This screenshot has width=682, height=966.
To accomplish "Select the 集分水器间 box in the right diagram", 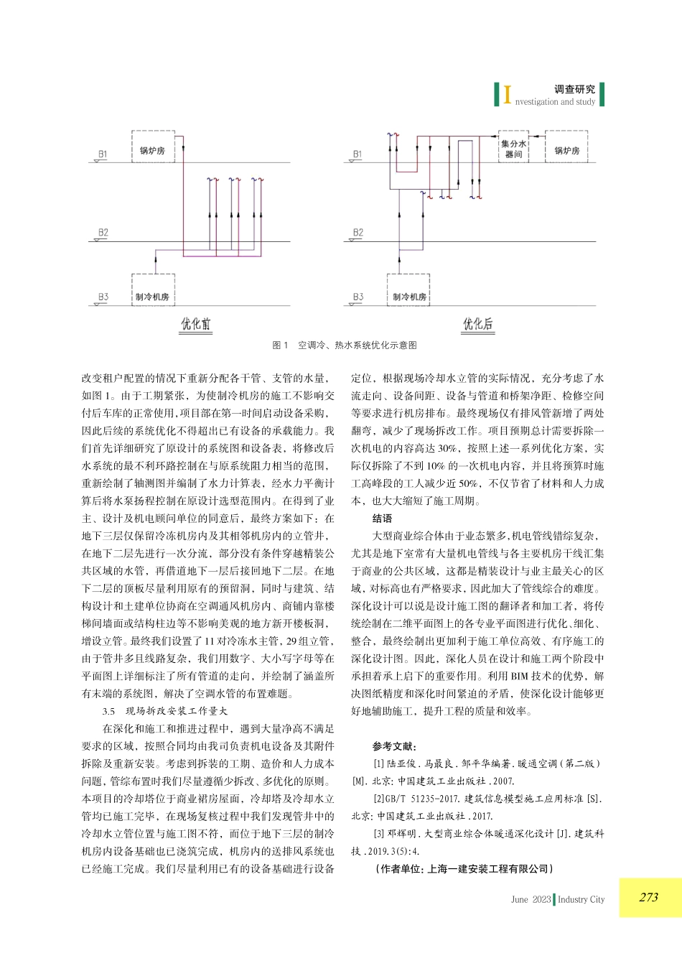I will point(513,148).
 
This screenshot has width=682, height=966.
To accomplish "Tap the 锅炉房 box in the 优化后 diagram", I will point(566,148).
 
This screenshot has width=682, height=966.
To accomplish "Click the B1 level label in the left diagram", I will point(103,154).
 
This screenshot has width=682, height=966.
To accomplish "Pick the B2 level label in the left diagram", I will point(103,233).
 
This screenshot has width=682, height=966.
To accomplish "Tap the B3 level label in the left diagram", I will point(103,297).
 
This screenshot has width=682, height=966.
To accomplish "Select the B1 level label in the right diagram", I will point(357,154).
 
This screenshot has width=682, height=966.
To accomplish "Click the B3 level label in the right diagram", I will point(358,297).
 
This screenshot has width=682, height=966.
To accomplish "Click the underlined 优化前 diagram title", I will point(195,324).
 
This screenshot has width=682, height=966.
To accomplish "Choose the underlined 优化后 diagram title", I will point(477,324).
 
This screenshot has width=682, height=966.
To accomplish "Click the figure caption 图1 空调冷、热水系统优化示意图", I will point(345,345).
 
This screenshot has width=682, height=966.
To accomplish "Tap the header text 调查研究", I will point(574,89).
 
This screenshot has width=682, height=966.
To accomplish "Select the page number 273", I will point(648,897).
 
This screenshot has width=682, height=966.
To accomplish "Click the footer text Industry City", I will point(581,899).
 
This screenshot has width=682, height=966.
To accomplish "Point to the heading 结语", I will point(382,519).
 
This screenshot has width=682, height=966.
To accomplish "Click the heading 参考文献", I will point(394,746).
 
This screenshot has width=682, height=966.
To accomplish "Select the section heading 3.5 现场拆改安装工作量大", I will point(164,711).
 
